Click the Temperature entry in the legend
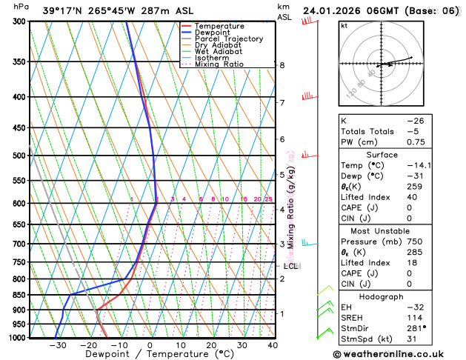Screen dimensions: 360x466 click(217, 27)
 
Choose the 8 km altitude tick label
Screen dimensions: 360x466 click(282, 65)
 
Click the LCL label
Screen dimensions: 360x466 click(290, 266)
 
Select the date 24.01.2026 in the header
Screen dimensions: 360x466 click(338, 11)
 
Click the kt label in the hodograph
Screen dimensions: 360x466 click(344, 25)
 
